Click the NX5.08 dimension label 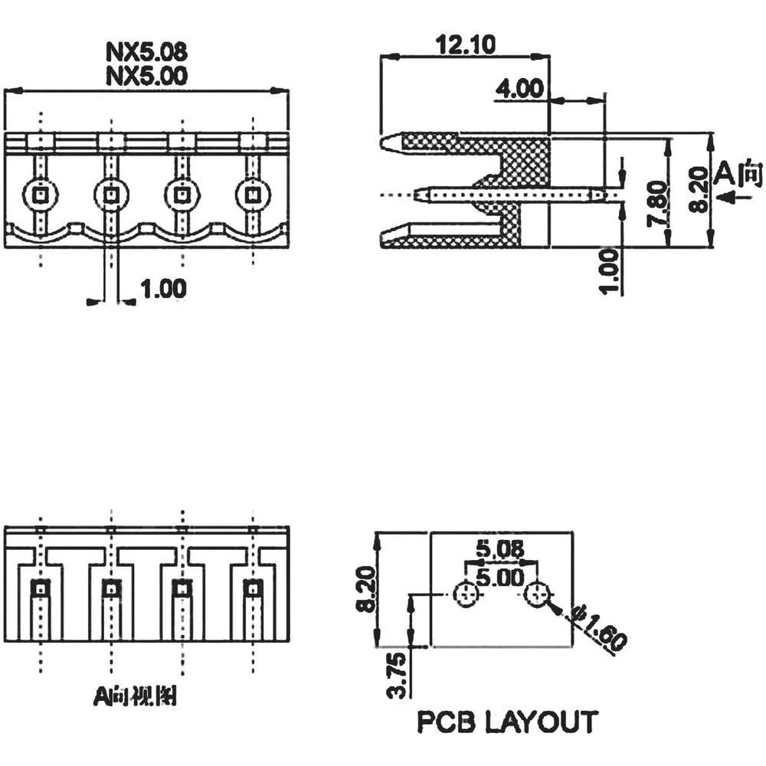tap(146, 52)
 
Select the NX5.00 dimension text tap(146, 75)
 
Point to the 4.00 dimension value tap(519, 89)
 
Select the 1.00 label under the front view tap(163, 289)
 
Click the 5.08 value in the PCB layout tap(499, 549)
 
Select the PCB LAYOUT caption tap(507, 722)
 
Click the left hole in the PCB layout tap(466, 594)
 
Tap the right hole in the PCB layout tap(538, 594)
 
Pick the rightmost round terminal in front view tap(251, 195)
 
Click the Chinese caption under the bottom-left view tap(135, 696)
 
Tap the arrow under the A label tap(736, 198)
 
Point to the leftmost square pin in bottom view tap(40, 588)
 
